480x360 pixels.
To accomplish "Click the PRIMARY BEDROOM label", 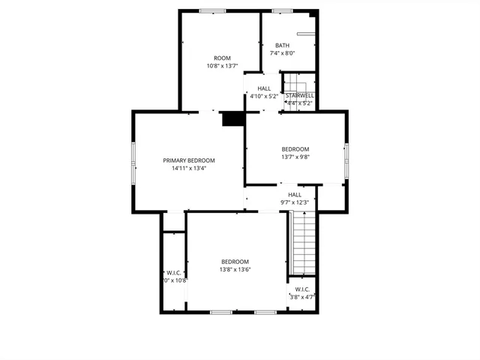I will pos(189,160).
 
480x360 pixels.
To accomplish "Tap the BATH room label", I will pos(282,45).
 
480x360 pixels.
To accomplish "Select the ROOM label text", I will pos(222,58).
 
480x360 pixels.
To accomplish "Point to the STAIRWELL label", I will pos(299,95).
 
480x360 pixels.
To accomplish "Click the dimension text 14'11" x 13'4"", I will pos(189,169).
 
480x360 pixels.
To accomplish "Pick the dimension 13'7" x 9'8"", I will pos(295,157).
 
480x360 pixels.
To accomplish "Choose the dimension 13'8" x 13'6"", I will pos(235,269).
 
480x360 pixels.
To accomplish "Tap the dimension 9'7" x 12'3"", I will pos(295,202).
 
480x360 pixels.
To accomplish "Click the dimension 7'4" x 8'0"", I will pos(282,53).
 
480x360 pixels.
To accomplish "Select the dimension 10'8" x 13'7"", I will pos(222,66).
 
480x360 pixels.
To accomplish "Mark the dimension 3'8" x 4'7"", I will pos(302,297).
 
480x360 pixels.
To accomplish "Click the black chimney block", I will pos(233,119).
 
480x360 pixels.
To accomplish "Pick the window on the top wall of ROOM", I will pos(212,10).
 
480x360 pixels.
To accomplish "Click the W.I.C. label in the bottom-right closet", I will pos(302,289).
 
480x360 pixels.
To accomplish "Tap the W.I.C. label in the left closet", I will pos(174,272).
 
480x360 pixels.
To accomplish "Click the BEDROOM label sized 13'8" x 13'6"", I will pos(235,261).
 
